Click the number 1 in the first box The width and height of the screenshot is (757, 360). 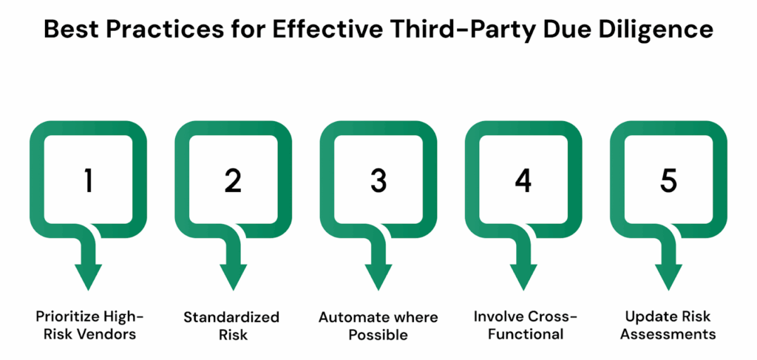pos(88,182)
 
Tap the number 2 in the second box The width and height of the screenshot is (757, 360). pos(233,182)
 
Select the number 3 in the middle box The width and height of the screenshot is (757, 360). pos(378,182)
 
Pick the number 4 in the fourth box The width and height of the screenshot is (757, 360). pos(523,182)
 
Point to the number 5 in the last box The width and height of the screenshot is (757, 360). pos(668,182)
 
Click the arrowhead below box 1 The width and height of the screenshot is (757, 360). pos(88,277)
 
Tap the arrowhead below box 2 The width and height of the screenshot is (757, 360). pos(233,277)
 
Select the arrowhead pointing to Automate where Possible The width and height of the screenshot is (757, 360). pos(378,277)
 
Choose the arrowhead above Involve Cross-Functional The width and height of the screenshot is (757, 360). pos(523,277)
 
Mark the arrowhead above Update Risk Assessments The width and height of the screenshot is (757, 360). pos(668,277)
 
